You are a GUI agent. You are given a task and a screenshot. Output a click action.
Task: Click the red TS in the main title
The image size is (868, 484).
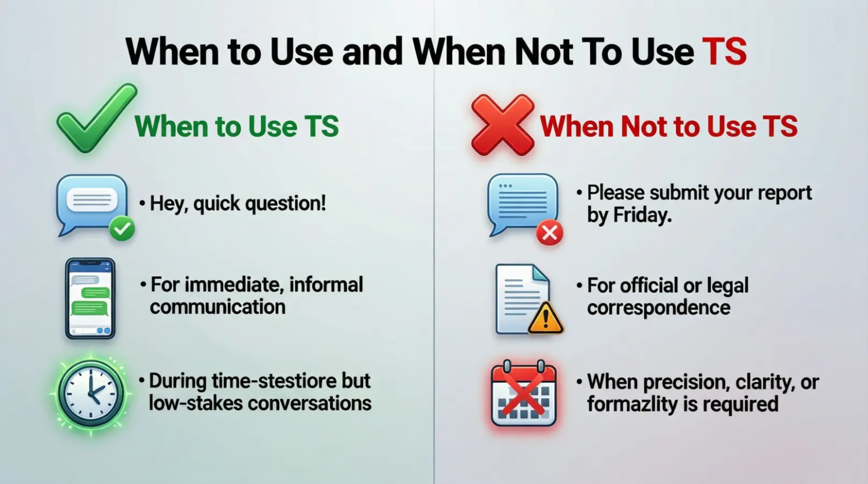tap(724, 52)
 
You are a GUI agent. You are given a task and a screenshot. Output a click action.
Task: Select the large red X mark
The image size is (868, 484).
tap(502, 125)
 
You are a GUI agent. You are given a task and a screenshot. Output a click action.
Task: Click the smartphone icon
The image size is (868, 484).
tap(90, 298)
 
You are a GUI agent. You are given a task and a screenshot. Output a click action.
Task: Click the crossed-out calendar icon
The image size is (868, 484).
tap(523, 394)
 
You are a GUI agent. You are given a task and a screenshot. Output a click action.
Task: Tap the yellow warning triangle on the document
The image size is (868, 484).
tap(545, 318)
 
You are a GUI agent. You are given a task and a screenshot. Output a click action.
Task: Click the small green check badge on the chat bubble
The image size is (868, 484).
tap(122, 229)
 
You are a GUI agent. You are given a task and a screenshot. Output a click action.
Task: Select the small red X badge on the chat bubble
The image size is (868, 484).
tap(549, 233)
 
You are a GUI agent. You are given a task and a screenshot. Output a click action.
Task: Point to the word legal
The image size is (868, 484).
tap(727, 286)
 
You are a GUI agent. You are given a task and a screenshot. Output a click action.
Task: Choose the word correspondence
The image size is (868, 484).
tap(658, 308)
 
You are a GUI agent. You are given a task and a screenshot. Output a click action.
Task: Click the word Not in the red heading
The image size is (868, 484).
tap(644, 126)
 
